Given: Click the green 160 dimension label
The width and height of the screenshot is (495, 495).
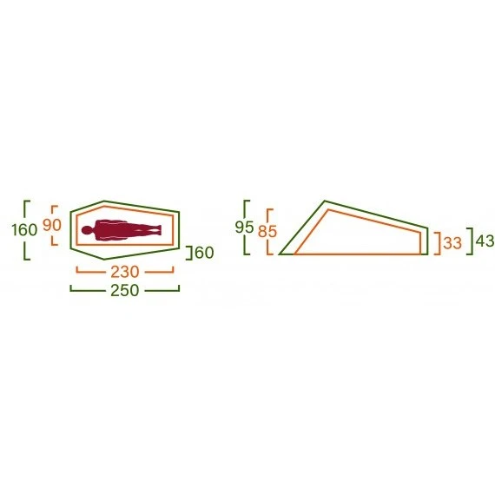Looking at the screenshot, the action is tap(24, 230).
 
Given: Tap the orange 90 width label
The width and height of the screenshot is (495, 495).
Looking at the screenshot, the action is tap(52, 225).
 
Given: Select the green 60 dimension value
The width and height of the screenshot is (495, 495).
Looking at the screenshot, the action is tap(205, 253).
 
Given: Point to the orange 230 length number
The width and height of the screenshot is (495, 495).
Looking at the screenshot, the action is tap(125, 272).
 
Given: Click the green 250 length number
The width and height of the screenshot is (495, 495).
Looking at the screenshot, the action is tap(125, 290).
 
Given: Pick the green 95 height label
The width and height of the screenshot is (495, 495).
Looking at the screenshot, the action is tap(244, 228).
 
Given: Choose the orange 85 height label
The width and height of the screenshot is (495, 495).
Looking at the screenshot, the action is tap(267, 231).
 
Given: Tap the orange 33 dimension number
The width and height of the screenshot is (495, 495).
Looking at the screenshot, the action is tap(452, 243).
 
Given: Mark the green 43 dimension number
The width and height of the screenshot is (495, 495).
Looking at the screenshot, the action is tap(485, 241).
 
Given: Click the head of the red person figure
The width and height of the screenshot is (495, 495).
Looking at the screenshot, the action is tap(87, 230).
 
